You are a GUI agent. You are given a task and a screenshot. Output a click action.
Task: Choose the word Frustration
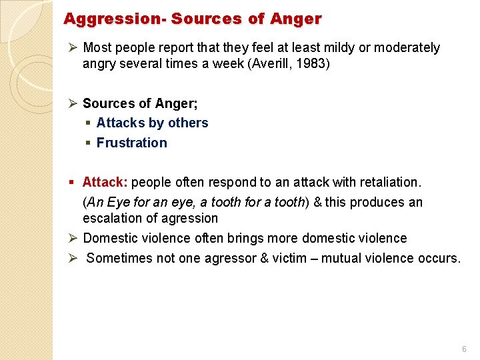tap(131, 143)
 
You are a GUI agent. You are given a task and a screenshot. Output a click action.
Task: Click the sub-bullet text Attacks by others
tap(152, 123)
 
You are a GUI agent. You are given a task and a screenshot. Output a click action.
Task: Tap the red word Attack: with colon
tap(105, 182)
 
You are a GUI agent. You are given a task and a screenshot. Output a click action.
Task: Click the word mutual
tap(343, 258)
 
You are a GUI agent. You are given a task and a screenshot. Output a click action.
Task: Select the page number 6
tap(464, 349)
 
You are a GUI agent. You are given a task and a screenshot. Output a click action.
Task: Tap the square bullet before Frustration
tap(88, 143)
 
